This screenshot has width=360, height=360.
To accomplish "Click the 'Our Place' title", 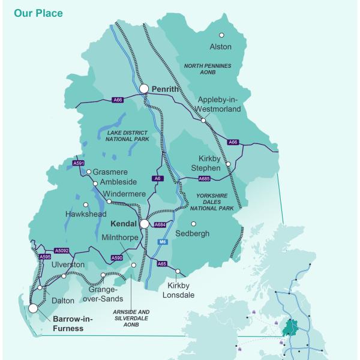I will (38, 13).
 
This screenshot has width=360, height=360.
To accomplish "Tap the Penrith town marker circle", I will (144, 89).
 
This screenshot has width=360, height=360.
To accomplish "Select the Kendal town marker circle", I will (144, 224).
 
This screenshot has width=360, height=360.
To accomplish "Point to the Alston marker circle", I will (221, 35).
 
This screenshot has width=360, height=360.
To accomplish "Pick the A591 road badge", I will (78, 163).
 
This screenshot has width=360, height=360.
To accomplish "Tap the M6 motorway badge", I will (161, 242).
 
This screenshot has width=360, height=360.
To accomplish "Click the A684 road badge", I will (159, 225).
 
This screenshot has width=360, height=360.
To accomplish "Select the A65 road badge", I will (161, 263).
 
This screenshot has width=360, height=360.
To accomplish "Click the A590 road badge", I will (117, 258).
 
